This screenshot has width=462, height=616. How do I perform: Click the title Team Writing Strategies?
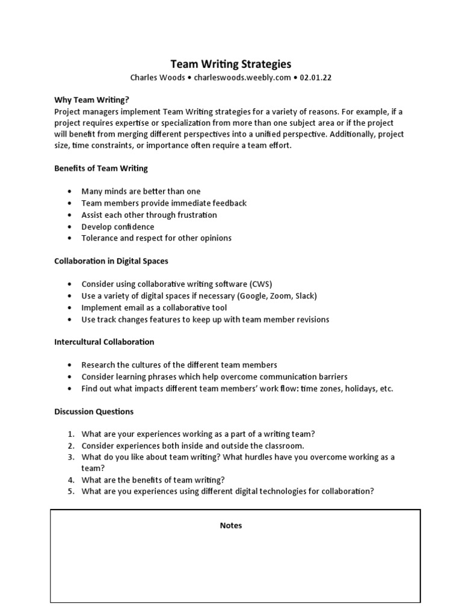pos(231,64)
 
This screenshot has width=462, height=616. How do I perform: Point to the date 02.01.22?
pos(316,78)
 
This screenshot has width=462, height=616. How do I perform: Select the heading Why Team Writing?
pos(91,100)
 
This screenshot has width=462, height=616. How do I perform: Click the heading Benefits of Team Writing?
pos(101,168)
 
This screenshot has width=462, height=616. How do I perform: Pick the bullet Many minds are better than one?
pos(141,191)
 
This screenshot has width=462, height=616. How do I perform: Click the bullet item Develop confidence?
pos(118,227)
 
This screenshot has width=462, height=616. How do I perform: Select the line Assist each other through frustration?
pos(149,215)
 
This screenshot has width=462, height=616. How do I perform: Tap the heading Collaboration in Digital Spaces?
pos(111,261)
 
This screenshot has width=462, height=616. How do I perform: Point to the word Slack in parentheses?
pos(304,296)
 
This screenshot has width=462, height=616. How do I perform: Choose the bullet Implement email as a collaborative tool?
pos(154,307)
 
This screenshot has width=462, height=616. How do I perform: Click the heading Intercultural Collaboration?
pos(104,342)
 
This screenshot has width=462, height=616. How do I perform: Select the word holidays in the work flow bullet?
pos(355,389)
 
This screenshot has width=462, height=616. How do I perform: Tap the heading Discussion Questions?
pos(94,411)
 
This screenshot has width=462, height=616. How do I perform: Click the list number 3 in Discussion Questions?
pos(70,457)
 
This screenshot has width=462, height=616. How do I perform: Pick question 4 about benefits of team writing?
pos(153,479)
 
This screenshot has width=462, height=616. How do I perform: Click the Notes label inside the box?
pos(231,525)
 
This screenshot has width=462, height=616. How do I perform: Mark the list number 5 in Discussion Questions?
pos(70,491)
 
